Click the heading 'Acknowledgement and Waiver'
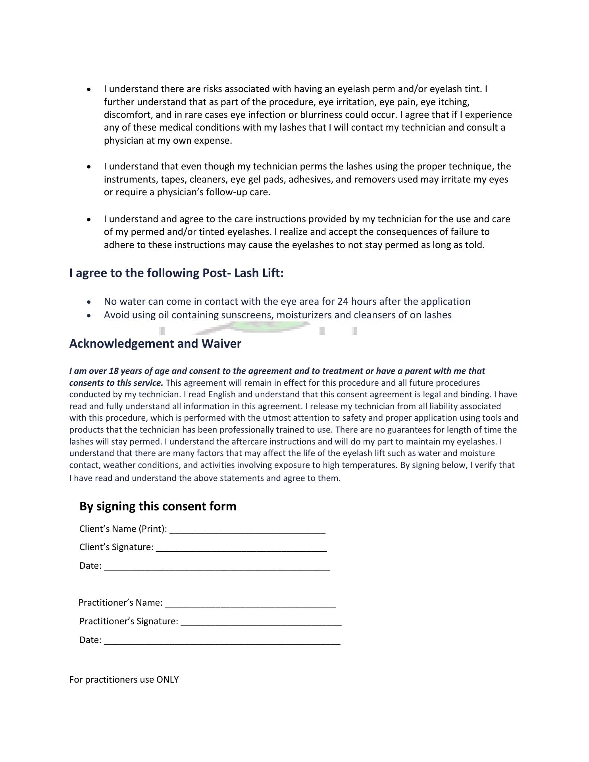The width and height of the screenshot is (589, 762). pos(155,343)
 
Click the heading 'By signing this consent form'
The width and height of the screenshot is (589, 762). pos(158,506)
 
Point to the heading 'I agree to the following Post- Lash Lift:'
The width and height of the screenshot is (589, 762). pos(176,273)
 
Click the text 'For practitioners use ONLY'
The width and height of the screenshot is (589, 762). pos(124,679)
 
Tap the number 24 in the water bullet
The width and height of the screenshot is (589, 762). pos(343,302)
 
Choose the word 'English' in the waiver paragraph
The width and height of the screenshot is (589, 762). pos(221,394)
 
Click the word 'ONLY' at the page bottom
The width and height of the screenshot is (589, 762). pos(167,679)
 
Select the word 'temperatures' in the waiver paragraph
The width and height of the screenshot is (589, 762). pos(370,465)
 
